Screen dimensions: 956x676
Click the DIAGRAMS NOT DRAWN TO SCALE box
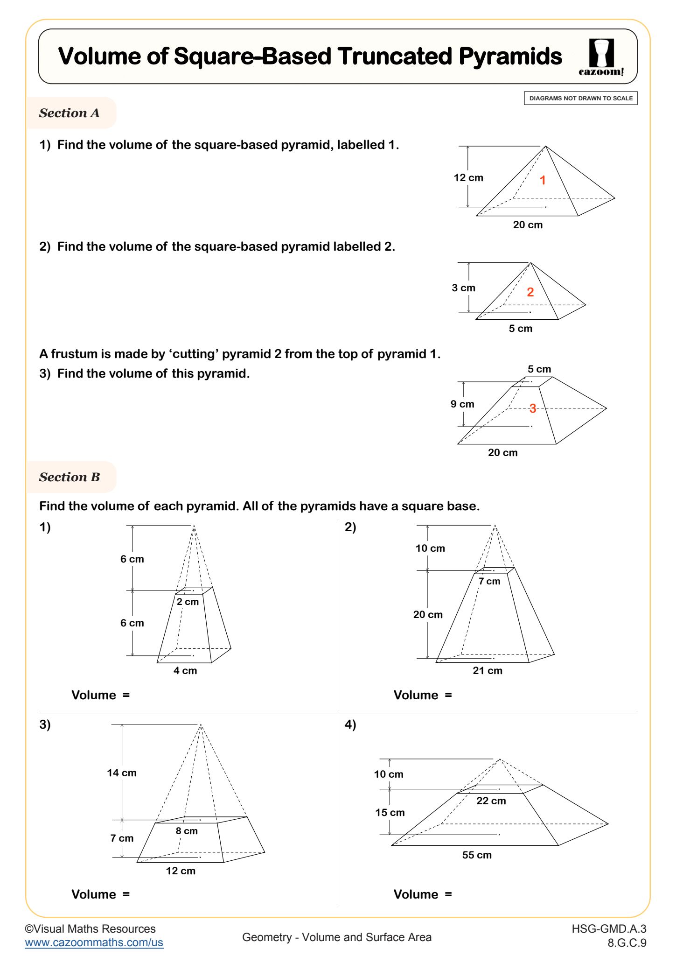tap(580, 98)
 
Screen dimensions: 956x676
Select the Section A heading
tap(70, 113)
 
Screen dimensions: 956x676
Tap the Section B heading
tap(70, 477)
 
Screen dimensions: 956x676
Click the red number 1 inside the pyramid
tap(543, 180)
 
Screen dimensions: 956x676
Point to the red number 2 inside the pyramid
tap(530, 292)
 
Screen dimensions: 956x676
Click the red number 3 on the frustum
tap(532, 408)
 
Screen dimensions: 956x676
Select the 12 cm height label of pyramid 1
tap(468, 178)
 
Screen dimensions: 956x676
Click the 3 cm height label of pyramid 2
tap(463, 288)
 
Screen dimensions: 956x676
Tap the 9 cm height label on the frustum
tap(462, 404)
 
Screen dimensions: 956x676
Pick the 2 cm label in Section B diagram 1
tap(188, 602)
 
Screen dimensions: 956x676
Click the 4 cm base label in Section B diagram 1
tap(185, 671)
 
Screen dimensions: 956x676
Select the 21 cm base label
tap(488, 671)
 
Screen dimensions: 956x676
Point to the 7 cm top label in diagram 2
tap(489, 581)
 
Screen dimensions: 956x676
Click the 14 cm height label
tap(122, 773)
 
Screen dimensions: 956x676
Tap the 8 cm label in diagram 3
tap(187, 831)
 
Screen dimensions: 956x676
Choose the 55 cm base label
tap(477, 855)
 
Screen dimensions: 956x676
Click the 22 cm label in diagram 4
tap(491, 801)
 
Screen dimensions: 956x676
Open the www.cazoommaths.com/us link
tap(94, 942)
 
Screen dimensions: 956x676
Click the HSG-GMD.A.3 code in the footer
tap(609, 929)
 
